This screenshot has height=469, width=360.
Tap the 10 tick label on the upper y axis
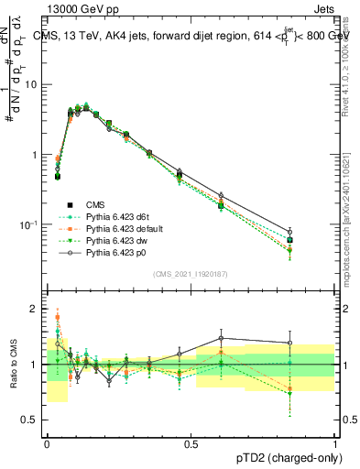(30, 84)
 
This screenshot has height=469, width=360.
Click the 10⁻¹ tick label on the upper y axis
(27, 224)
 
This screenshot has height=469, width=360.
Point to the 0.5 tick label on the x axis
(191, 443)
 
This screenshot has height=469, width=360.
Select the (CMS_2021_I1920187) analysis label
(190, 275)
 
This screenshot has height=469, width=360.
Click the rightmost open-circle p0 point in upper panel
(289, 232)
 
